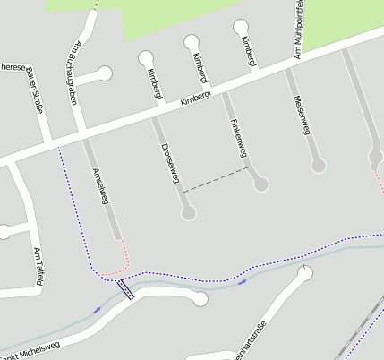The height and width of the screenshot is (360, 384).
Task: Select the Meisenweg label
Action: click(301, 113)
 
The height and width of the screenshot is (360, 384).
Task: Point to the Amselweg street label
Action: click(99, 186)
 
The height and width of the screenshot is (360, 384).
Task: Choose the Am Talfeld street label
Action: click(38, 267)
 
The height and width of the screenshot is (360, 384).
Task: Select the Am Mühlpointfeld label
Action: click(298, 31)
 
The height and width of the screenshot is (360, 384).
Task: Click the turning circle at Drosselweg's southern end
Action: click(188, 213)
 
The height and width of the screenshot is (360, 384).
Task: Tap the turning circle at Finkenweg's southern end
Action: click(260, 184)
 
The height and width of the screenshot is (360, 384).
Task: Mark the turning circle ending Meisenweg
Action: click(319, 166)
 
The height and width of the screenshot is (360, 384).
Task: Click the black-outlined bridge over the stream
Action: click(126, 289)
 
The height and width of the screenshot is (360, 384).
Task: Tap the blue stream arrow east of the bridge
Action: click(243, 282)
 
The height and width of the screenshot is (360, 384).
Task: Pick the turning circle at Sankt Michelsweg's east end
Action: click(201, 298)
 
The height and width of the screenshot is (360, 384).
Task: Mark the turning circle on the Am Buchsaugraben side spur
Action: click(106, 73)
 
